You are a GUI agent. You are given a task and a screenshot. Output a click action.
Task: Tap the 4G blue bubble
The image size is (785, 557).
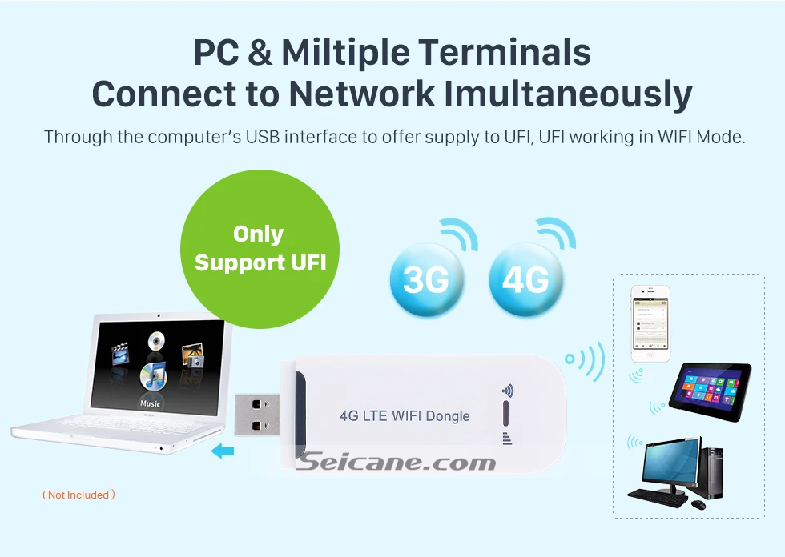pyautogui.click(x=525, y=278)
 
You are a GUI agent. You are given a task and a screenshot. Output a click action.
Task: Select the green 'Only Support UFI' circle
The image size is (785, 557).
pyautogui.click(x=260, y=249)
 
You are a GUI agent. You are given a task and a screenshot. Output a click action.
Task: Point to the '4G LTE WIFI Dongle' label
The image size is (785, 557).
pyautogui.click(x=405, y=416)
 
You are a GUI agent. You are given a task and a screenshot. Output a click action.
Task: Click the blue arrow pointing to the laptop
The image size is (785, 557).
pyautogui.click(x=222, y=452)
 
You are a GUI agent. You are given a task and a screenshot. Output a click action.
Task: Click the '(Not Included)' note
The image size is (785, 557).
pyautogui.click(x=78, y=495)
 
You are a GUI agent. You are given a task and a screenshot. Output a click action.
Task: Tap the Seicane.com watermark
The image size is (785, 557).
pyautogui.click(x=397, y=463)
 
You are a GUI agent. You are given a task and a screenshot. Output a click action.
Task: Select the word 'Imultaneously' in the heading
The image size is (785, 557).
pyautogui.click(x=568, y=94)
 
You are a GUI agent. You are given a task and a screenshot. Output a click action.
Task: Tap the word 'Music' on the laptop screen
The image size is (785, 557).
pyautogui.click(x=150, y=404)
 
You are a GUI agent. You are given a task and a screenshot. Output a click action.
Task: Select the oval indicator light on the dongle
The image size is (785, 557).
pyautogui.click(x=505, y=414)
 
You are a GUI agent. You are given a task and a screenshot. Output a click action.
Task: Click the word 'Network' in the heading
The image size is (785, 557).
pyautogui.click(x=360, y=94)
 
